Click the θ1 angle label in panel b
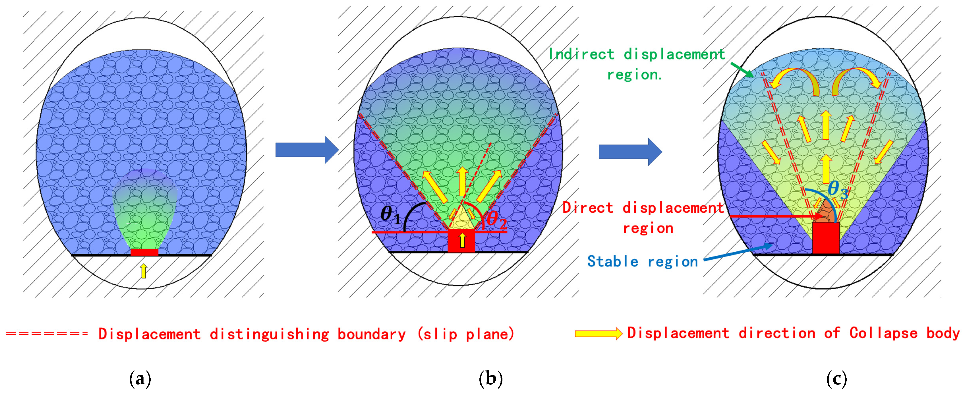tap(390, 215)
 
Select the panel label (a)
tap(140, 379)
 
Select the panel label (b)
tap(490, 379)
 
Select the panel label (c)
tap(836, 379)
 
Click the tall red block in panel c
tap(826, 239)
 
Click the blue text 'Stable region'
tap(642, 261)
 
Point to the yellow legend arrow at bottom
tap(598, 333)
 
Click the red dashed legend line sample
tap(47, 333)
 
